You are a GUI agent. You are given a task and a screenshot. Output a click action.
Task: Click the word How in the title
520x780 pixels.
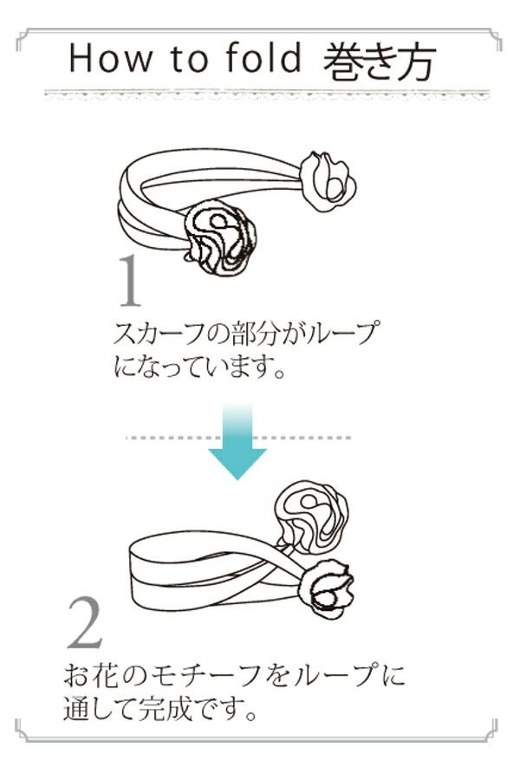(102, 58)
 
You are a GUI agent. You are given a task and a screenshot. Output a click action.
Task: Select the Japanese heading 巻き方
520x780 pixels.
(378, 60)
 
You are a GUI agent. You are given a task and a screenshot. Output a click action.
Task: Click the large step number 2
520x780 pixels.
(85, 624)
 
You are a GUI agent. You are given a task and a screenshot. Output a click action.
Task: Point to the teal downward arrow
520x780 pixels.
(237, 442)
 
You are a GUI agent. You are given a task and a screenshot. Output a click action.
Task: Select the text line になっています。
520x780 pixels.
(199, 367)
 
